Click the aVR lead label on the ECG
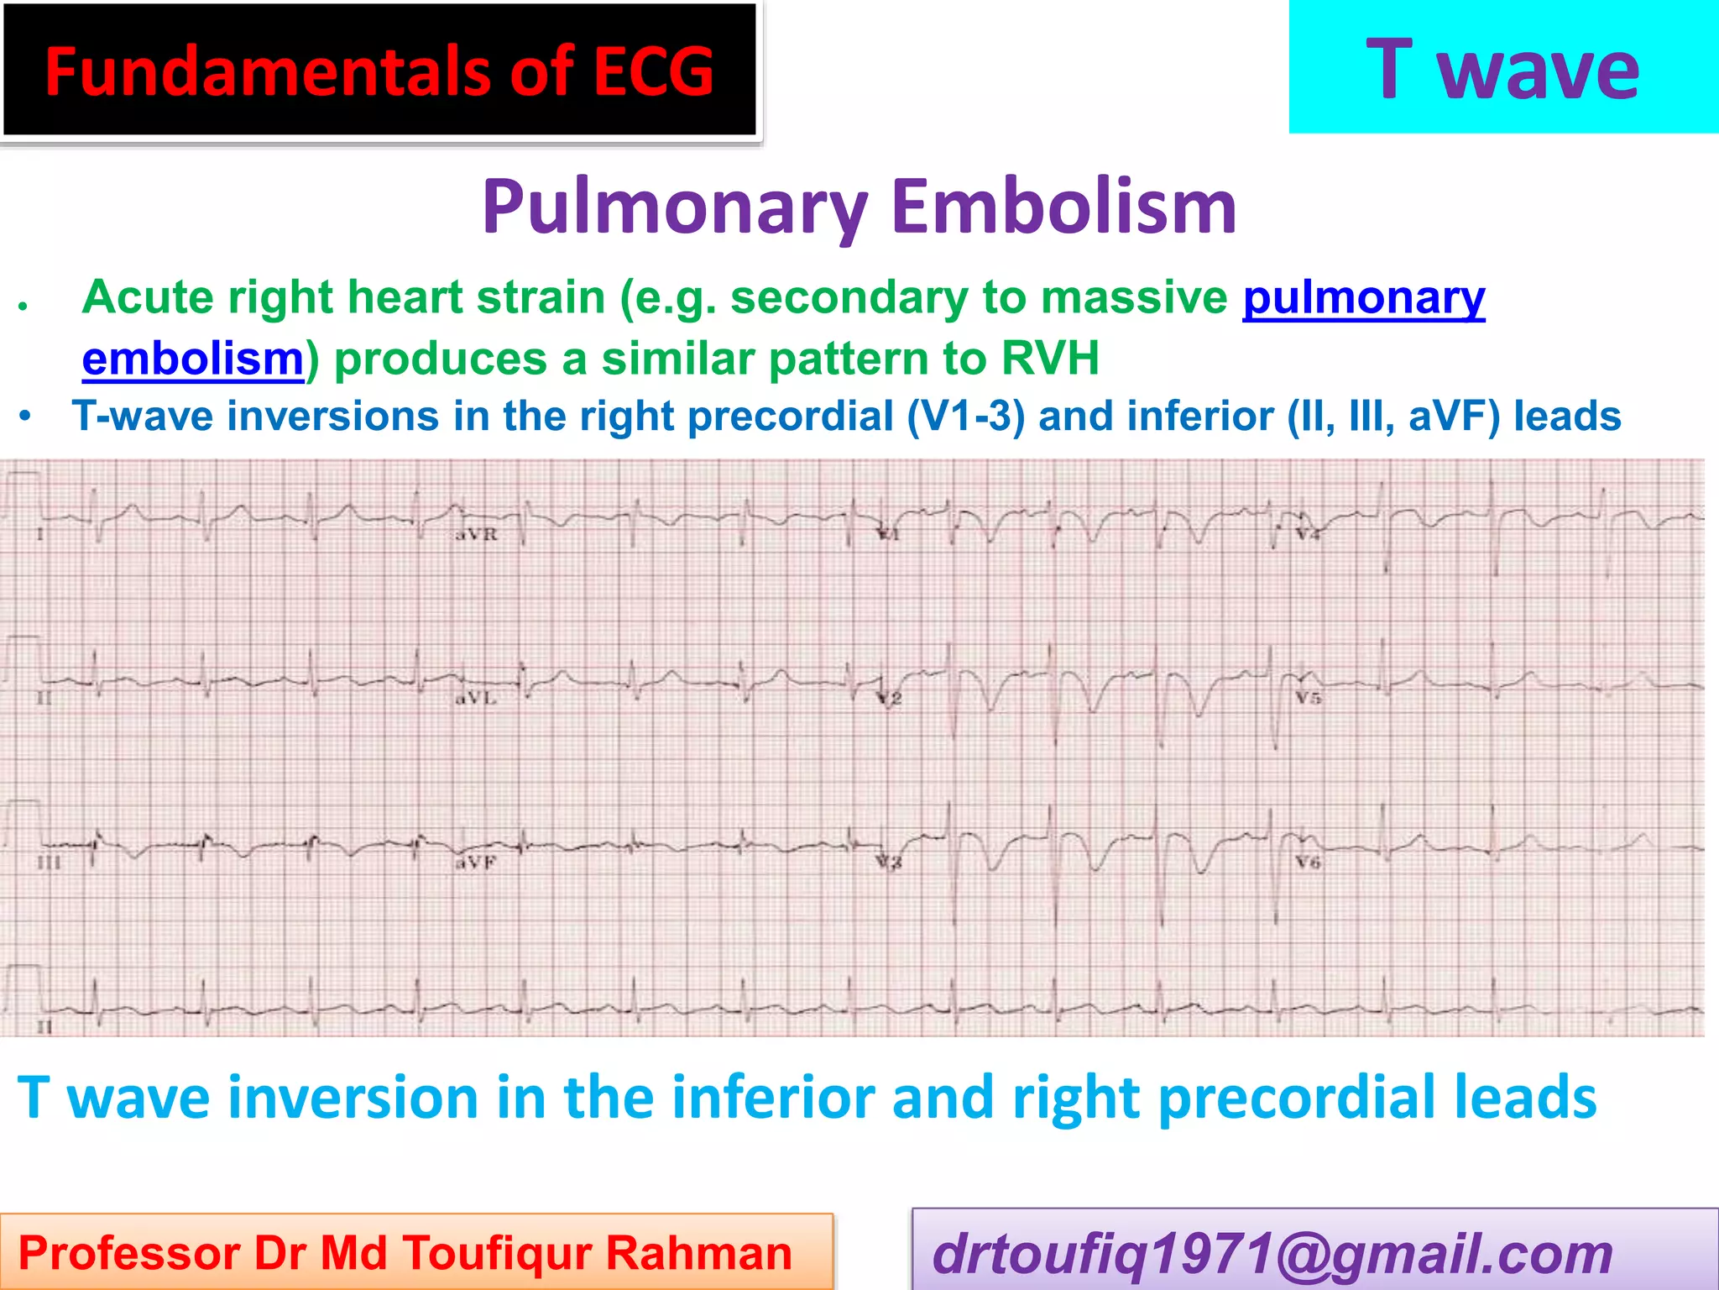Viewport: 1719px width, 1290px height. point(476,534)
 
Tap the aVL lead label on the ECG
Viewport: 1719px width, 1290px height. point(475,698)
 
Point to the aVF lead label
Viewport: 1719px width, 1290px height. point(476,863)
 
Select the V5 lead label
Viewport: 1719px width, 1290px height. point(1308,698)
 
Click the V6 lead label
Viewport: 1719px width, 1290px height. point(1308,863)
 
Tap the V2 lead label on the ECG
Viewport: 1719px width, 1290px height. point(889,699)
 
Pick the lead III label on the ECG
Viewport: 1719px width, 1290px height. point(49,863)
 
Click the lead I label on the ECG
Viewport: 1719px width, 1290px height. point(39,534)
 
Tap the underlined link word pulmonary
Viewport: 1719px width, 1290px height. point(1364,297)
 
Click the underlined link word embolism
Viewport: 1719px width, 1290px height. point(192,359)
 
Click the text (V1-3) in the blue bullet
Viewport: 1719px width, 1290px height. point(965,416)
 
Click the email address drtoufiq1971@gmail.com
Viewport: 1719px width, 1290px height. point(1272,1253)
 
